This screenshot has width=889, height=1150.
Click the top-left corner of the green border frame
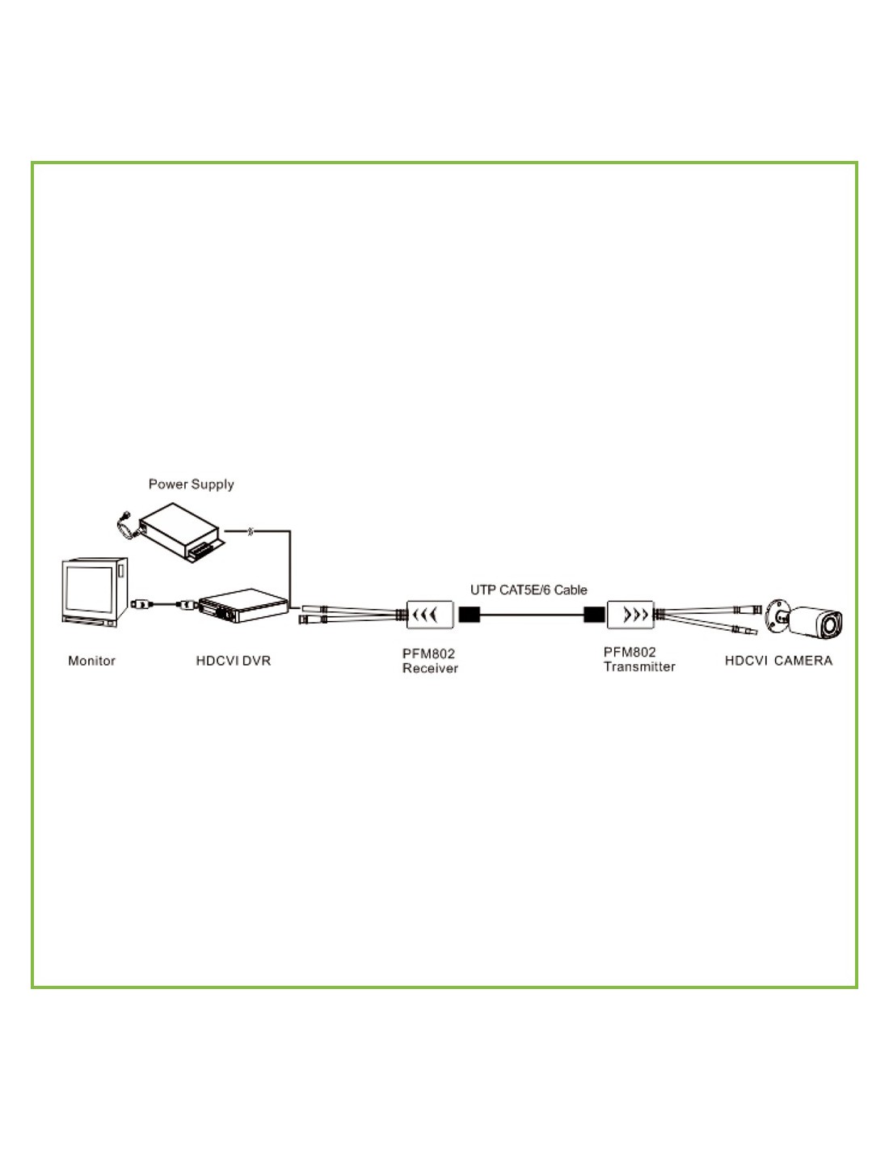(32, 163)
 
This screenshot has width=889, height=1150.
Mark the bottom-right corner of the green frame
(857, 987)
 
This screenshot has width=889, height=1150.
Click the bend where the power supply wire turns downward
(290, 531)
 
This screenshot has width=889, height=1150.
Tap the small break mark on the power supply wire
(251, 531)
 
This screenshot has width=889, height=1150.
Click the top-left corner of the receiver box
(407, 601)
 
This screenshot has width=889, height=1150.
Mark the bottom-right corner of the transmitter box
(654, 628)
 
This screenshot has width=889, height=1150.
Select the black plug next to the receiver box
(469, 615)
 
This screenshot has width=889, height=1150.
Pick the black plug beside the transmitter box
(595, 615)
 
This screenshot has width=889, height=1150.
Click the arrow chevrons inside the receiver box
(424, 615)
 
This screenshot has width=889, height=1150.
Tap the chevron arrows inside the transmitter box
(635, 615)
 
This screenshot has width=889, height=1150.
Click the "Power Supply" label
(191, 484)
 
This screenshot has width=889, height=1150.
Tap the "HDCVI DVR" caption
(234, 661)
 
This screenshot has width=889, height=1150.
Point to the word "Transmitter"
(639, 667)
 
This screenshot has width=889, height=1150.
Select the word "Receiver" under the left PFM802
(430, 669)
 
